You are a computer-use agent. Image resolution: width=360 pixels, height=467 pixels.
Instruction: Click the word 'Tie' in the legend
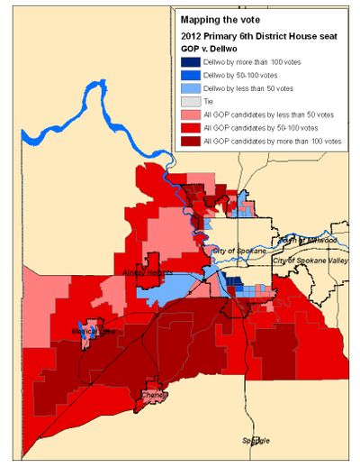point(211,103)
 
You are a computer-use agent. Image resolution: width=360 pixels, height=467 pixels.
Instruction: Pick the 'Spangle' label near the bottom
point(256,440)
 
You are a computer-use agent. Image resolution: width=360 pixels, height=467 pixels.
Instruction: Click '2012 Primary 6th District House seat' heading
point(257,35)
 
